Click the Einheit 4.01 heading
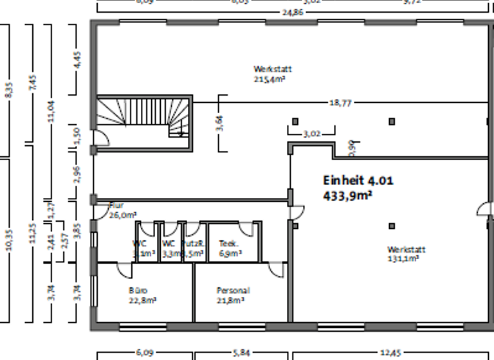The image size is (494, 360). pyautogui.click(x=358, y=181)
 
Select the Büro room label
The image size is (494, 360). pyautogui.click(x=138, y=291)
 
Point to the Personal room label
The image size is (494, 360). pyautogui.click(x=233, y=291)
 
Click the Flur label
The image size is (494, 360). pyautogui.click(x=116, y=206)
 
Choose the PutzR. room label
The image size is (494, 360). pyautogui.click(x=193, y=244)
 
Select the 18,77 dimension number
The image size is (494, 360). pyautogui.click(x=341, y=102)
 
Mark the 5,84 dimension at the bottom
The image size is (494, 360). pyautogui.click(x=242, y=353)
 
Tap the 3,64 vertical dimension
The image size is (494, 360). pyautogui.click(x=219, y=123)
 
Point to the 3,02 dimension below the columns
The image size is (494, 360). pyautogui.click(x=311, y=134)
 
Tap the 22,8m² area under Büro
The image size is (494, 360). pyautogui.click(x=143, y=300)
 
